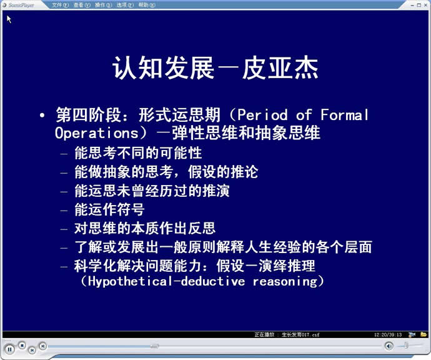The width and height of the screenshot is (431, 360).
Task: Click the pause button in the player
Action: tap(9, 349)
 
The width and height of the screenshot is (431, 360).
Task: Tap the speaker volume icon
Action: tap(389, 346)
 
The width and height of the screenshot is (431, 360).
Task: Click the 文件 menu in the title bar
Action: tap(60, 5)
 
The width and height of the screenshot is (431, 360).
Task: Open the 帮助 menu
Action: tap(147, 5)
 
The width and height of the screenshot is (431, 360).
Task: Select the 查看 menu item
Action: tap(82, 5)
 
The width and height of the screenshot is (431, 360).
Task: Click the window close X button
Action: tap(426, 5)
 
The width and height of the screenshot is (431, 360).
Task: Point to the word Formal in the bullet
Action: tap(344, 114)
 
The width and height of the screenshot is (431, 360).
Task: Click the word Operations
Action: tap(96, 133)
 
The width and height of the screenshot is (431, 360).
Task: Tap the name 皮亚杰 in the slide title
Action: tap(280, 68)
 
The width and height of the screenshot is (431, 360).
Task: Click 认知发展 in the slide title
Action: tap(163, 68)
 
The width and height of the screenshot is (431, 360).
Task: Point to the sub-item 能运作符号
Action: tap(109, 209)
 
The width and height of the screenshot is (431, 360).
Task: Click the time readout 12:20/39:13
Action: tap(387, 335)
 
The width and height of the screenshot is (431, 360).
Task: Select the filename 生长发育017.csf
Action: tap(300, 335)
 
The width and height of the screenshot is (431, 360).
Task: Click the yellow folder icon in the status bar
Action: tap(424, 334)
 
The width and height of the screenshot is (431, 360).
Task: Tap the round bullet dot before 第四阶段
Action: tap(42, 115)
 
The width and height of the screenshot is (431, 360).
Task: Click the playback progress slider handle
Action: tap(155, 346)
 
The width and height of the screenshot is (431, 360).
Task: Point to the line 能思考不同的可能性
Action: tap(138, 153)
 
